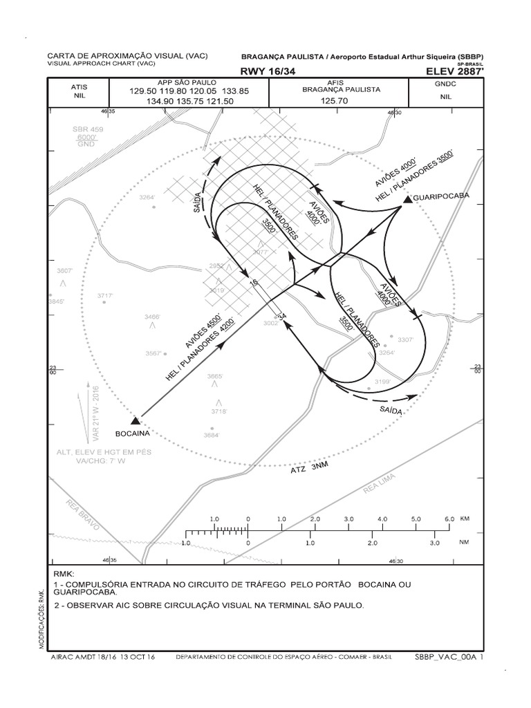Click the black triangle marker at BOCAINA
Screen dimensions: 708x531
point(136,420)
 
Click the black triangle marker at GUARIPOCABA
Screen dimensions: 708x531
point(407,200)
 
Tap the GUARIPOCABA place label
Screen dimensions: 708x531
point(441,196)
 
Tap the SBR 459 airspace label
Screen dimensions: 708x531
point(88,129)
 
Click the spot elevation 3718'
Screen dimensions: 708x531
point(219,411)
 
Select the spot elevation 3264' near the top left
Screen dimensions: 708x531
point(147,197)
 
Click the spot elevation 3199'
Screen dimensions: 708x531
point(382,381)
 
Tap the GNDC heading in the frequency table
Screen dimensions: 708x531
point(445,83)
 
